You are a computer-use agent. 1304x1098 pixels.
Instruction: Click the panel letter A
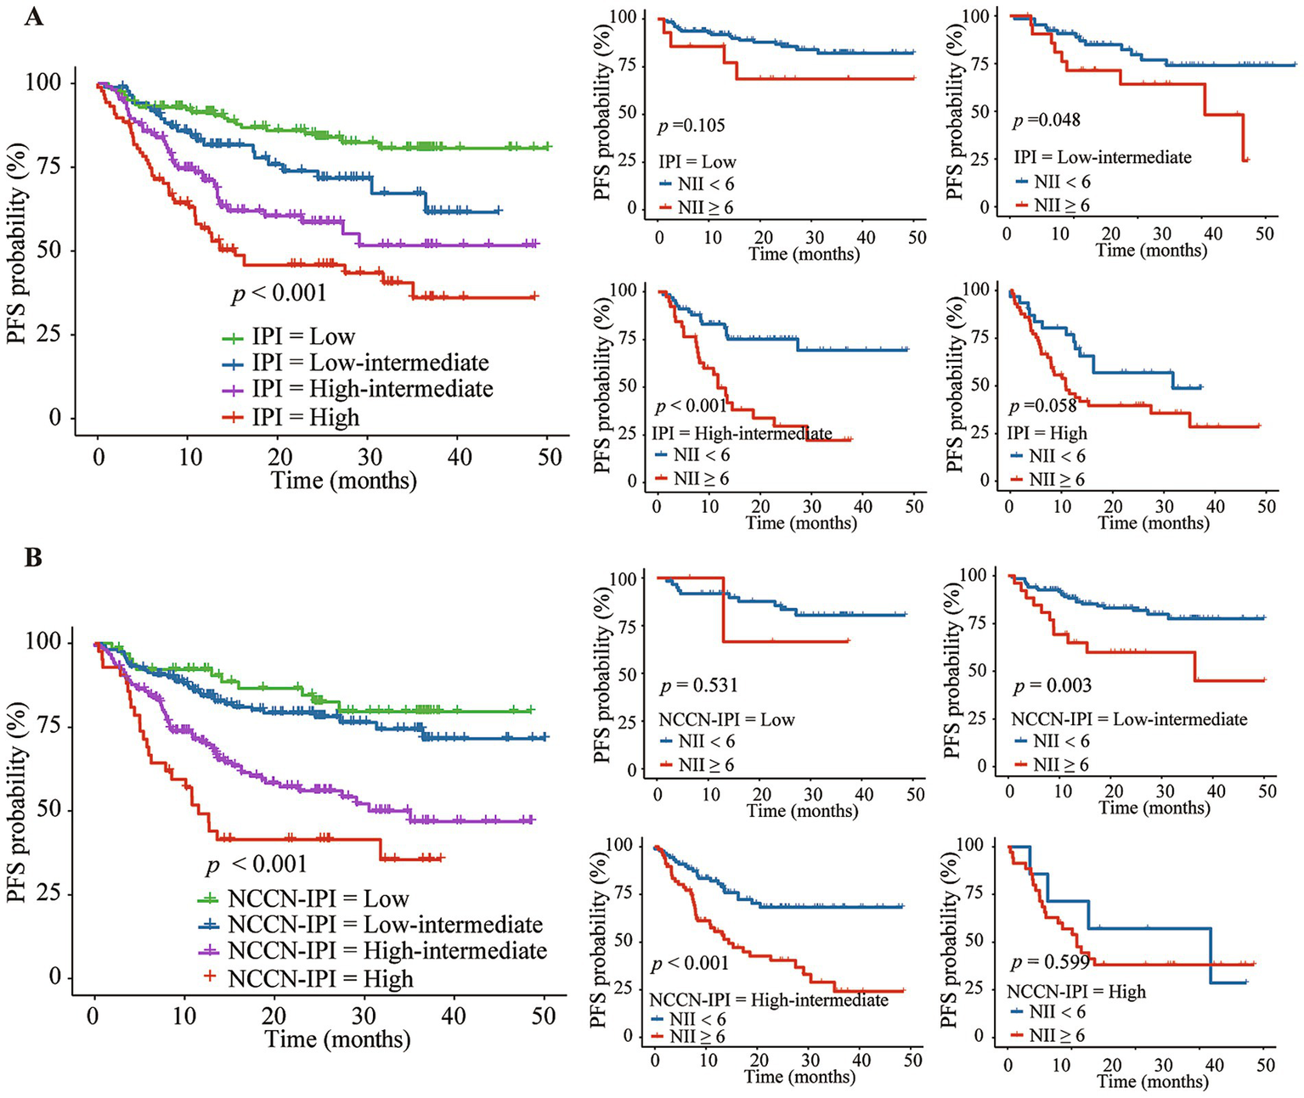(33, 16)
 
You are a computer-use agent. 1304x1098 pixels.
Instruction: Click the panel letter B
(33, 559)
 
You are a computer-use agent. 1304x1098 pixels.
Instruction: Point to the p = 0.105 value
(692, 126)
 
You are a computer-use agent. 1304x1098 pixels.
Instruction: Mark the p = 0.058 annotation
(1042, 405)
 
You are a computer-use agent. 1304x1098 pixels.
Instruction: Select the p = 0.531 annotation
(699, 685)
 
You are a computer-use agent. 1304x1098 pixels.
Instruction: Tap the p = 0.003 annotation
(1053, 685)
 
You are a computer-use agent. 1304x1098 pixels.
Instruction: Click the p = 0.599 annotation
(1050, 962)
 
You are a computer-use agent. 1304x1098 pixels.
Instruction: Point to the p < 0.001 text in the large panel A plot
(279, 293)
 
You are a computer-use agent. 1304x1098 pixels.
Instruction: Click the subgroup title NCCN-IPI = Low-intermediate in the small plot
(1129, 719)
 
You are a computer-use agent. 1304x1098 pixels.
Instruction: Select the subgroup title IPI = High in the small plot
(1047, 433)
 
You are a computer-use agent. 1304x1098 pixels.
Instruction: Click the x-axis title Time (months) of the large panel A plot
(344, 481)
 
